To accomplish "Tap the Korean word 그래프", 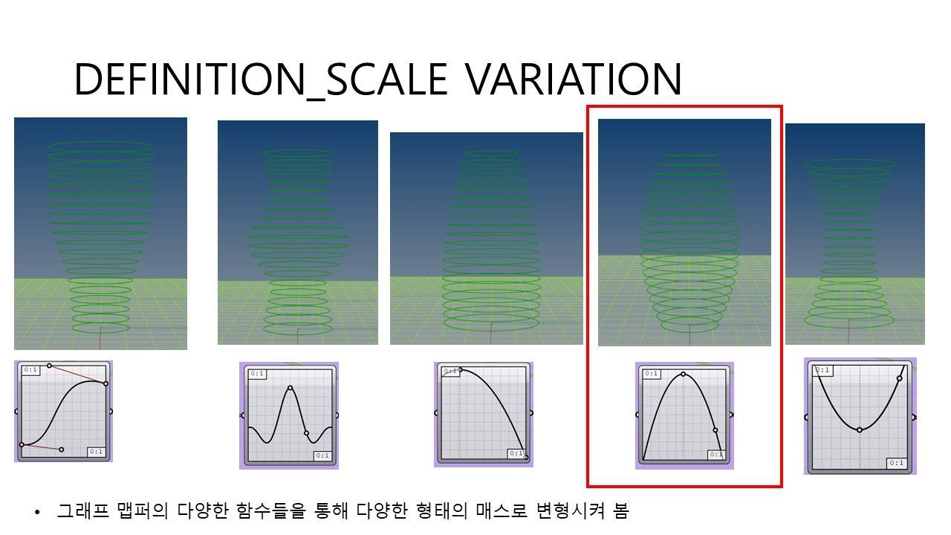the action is tap(82, 510).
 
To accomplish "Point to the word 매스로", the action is tap(502, 510).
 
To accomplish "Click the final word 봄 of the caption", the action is tap(621, 510).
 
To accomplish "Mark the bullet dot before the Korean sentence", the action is tap(37, 513).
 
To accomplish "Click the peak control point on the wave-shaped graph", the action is tap(290, 388).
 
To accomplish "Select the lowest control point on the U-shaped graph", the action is tap(860, 430).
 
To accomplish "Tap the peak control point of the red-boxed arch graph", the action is tap(683, 374).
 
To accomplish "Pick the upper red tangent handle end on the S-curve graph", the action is tap(49, 366).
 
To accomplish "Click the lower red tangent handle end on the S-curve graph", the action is tap(62, 450).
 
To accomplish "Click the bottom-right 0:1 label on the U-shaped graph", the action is tap(896, 463).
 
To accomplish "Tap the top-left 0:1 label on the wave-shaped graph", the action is tap(257, 374).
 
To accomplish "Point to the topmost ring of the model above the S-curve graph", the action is tap(100, 146).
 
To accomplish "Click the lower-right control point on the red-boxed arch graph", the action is tap(715, 430).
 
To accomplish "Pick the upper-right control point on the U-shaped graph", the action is tap(899, 378).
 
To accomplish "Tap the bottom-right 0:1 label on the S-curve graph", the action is tap(96, 451).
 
